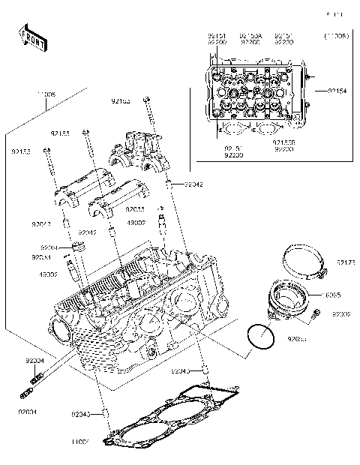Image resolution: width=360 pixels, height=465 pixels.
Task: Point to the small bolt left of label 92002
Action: click(x=315, y=315)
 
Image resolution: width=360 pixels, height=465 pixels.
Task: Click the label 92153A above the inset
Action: click(x=250, y=36)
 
